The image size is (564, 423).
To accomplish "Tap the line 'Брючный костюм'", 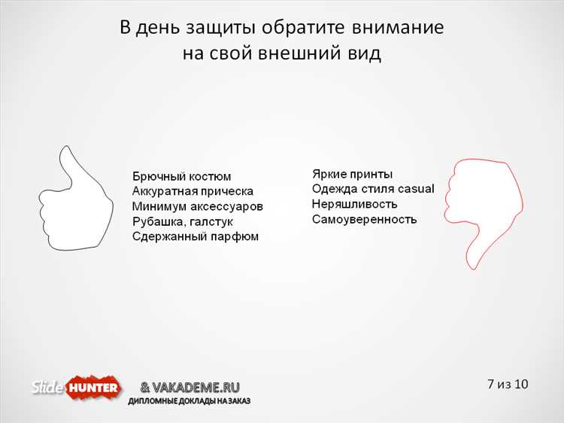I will [x=181, y=176].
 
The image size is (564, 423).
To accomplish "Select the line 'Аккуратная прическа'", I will [x=193, y=191].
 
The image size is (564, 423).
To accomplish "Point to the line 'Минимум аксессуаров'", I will [x=197, y=206].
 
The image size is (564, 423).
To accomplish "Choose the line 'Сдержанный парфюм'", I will [x=195, y=236].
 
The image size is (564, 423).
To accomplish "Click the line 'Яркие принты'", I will [x=352, y=174].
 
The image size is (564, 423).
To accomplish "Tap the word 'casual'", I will [x=416, y=189].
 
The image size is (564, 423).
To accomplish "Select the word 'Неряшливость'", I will [x=354, y=204].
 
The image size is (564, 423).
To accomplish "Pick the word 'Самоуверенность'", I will [x=364, y=219].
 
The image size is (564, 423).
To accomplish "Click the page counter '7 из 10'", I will [x=508, y=384].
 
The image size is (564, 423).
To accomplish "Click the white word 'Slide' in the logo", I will [x=47, y=388].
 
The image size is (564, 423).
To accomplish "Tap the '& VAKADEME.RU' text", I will [x=190, y=387].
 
